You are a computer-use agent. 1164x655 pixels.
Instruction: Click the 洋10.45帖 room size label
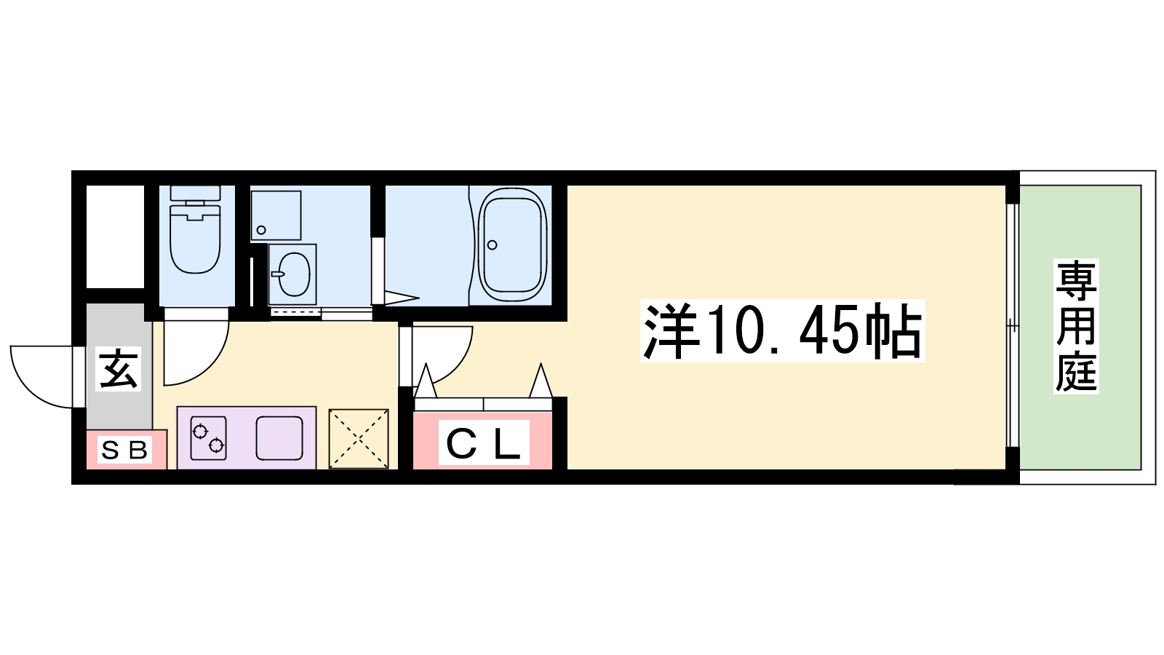[x=783, y=330]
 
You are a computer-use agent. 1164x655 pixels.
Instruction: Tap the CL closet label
[x=484, y=443]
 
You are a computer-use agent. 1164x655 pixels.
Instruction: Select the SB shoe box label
[x=124, y=450]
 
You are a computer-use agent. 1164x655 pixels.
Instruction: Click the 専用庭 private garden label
[x=1076, y=326]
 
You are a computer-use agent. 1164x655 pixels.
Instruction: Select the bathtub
[x=512, y=245]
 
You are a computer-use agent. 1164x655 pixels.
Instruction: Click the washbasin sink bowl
[x=294, y=274]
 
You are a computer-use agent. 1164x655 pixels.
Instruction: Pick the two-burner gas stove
[x=208, y=438]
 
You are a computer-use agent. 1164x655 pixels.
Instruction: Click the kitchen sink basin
[x=279, y=438]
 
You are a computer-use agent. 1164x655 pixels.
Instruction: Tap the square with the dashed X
[x=359, y=439]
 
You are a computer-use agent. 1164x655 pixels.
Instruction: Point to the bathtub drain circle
[x=492, y=245]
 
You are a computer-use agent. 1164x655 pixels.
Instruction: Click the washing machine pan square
[x=276, y=215]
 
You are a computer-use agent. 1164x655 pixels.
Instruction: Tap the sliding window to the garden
[x=1012, y=325]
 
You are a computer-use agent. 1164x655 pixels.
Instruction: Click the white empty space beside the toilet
[x=115, y=237]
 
